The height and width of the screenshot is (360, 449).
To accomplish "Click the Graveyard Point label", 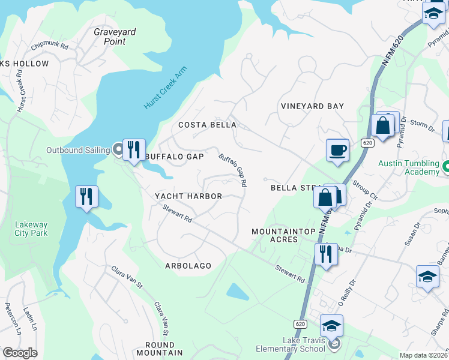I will click(114, 37).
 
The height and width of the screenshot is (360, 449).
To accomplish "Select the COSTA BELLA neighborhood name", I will click(208, 125).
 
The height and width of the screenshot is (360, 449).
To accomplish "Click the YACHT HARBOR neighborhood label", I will click(188, 196).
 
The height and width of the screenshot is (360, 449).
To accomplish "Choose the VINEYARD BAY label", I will click(312, 106).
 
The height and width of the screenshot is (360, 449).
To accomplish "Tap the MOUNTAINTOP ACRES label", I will click(274, 235).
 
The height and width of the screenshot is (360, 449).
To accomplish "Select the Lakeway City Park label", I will click(31, 229).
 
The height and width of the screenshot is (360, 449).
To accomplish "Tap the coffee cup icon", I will click(337, 149).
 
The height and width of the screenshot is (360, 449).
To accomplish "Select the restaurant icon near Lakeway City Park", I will click(86, 196).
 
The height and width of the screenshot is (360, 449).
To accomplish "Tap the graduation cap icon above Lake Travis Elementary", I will click(331, 325).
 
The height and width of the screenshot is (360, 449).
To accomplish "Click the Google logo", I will click(20, 352).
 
